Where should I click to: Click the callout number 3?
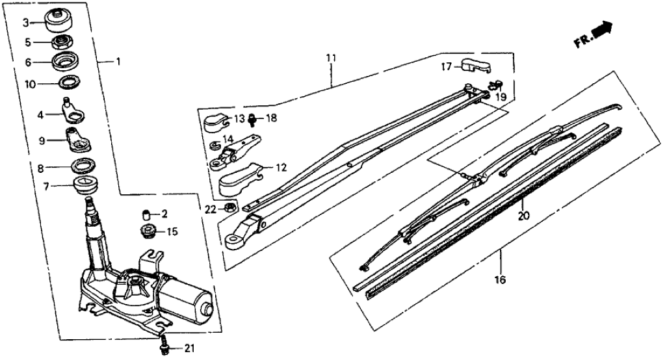(27, 23)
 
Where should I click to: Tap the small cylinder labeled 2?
(146, 214)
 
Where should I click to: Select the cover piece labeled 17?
(475, 65)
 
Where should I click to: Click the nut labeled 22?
(229, 208)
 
